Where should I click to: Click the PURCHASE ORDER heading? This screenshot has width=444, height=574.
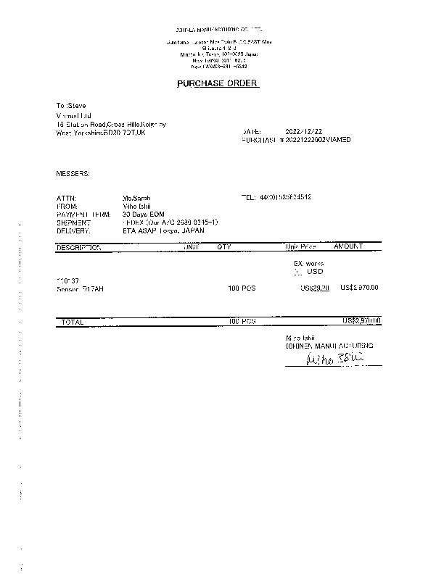218,83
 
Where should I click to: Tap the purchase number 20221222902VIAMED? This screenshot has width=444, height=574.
317,139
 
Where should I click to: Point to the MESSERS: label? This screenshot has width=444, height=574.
73,174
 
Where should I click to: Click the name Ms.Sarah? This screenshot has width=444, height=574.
136,198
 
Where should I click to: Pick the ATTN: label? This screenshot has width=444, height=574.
66,198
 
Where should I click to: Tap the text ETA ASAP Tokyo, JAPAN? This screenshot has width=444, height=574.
164,230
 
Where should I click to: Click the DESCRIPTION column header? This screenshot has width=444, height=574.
79,247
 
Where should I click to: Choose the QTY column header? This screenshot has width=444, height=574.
223,247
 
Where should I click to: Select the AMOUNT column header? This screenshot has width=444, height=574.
348,247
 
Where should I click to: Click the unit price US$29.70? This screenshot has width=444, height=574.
315,288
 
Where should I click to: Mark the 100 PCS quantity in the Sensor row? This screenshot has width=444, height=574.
242,288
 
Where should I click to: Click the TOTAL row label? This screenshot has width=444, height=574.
73,321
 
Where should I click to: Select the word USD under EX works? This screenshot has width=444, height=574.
315,272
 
